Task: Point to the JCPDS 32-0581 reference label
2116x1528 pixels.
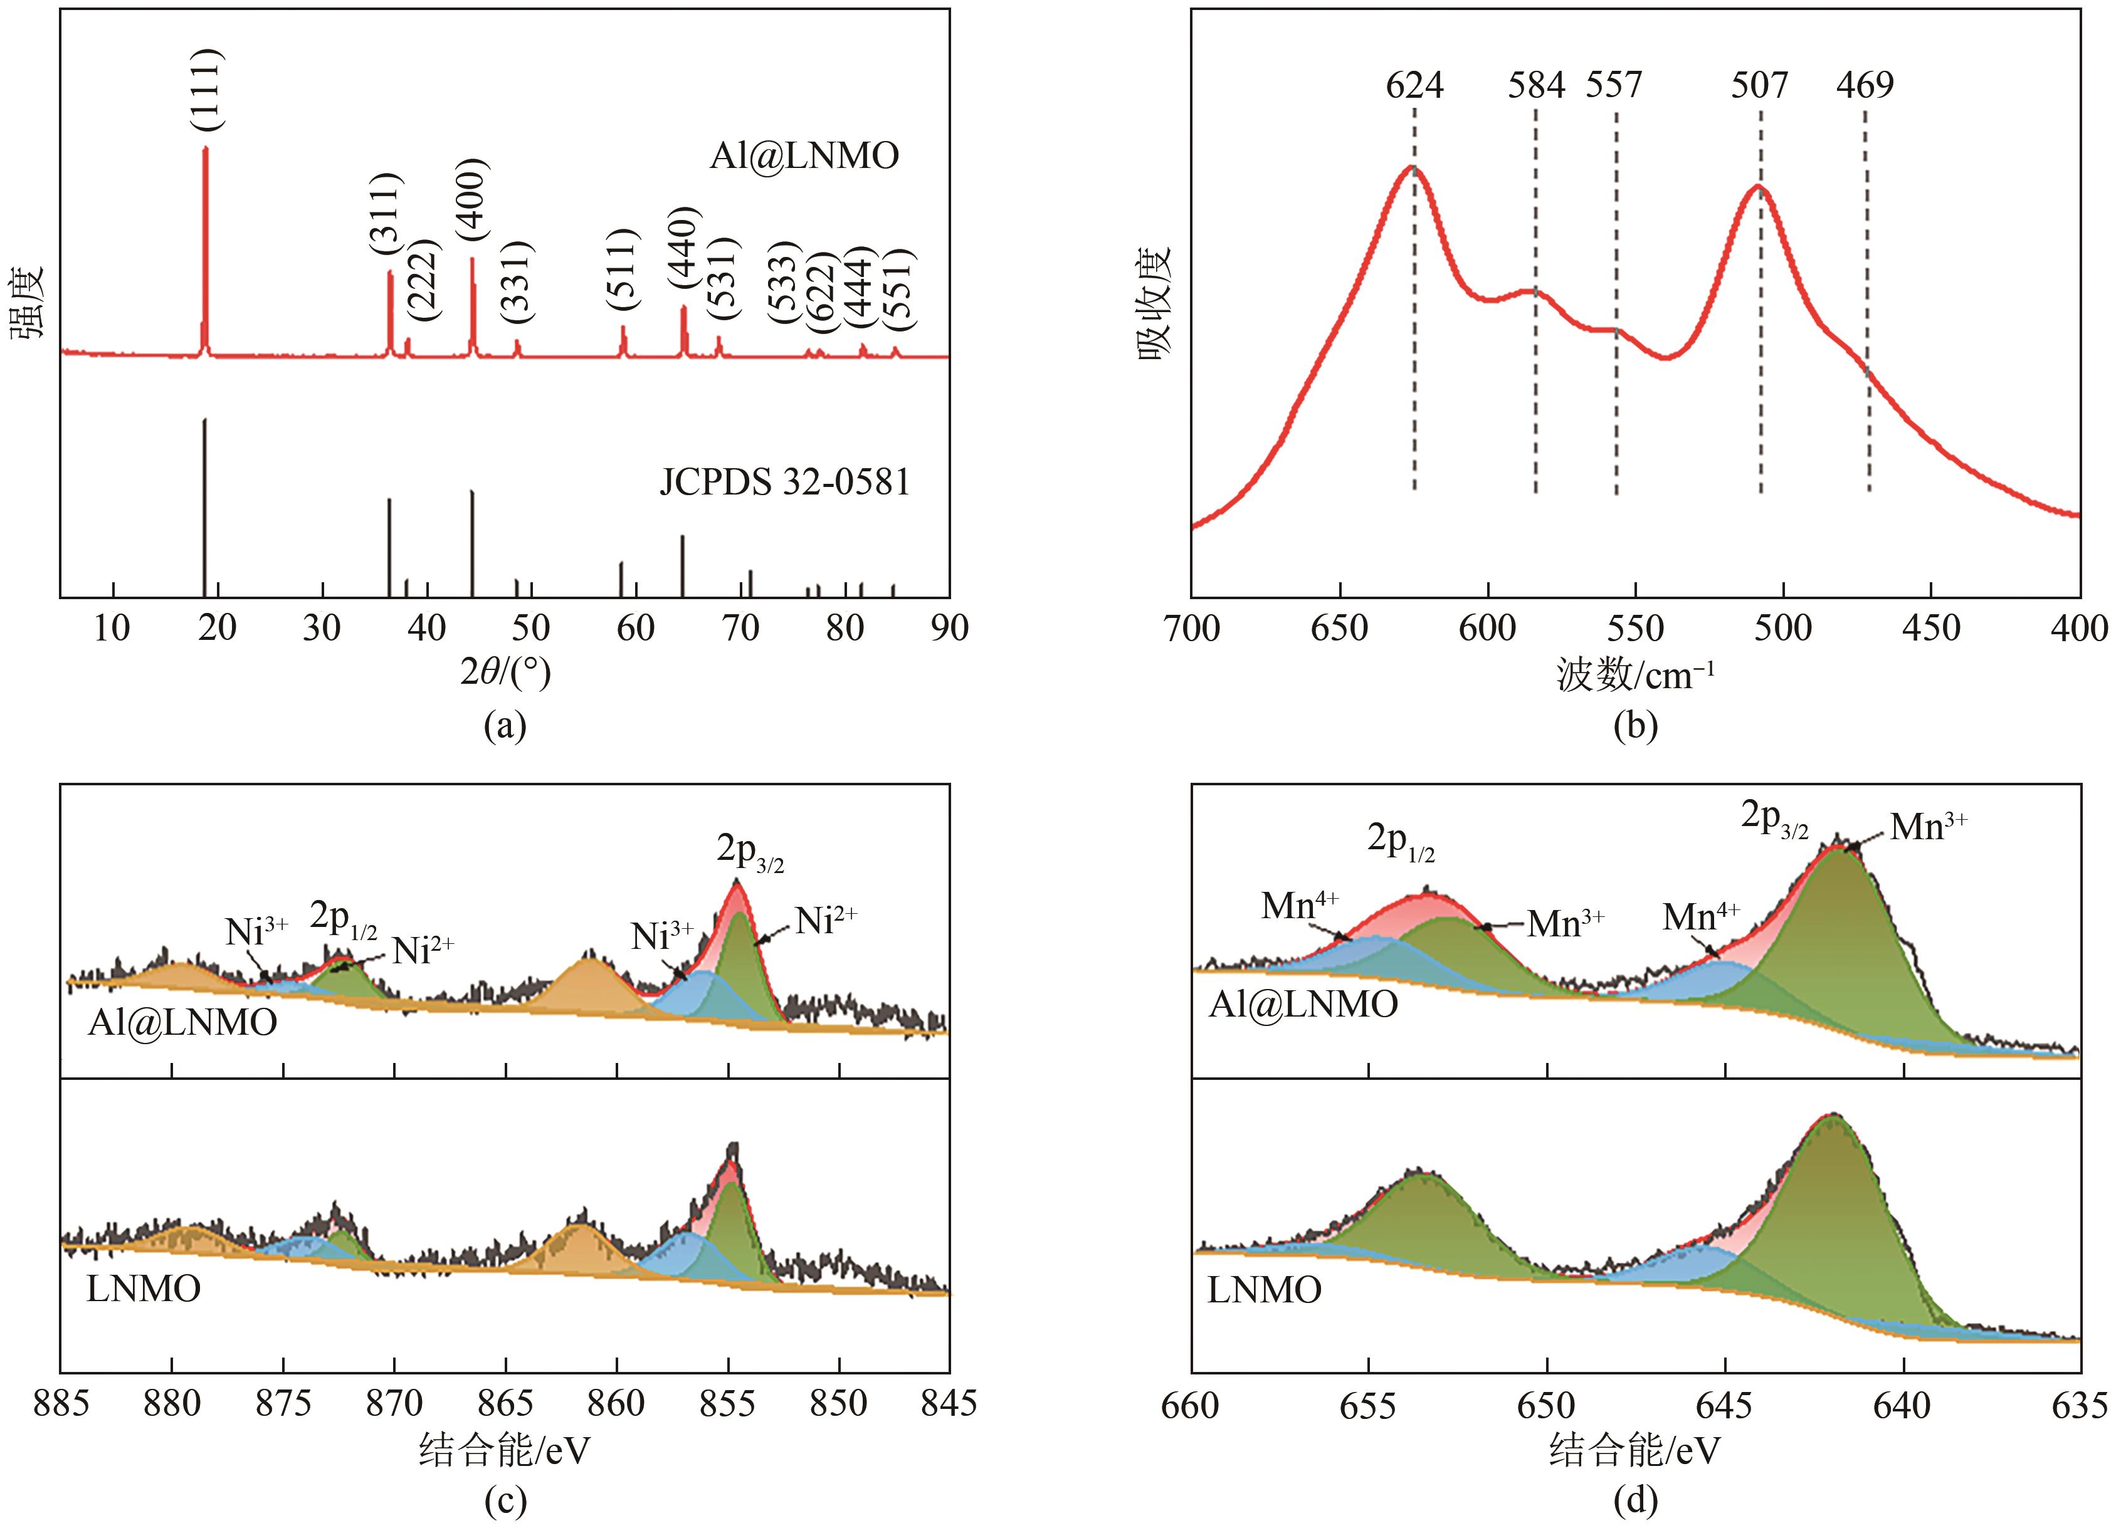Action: [x=784, y=483]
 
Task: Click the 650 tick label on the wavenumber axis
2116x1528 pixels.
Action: [x=1340, y=629]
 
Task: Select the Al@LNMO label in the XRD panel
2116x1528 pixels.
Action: [x=804, y=156]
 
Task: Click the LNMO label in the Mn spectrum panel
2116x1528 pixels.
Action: [x=1264, y=1290]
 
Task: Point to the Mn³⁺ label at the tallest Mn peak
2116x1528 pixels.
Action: [x=1929, y=827]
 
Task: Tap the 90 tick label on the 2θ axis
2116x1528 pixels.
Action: [x=949, y=629]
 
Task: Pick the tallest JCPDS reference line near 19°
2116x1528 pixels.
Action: [x=204, y=508]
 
